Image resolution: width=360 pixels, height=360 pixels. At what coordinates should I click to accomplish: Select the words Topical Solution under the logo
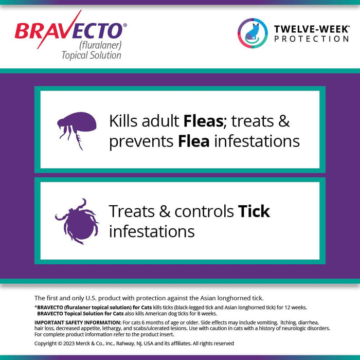(91, 55)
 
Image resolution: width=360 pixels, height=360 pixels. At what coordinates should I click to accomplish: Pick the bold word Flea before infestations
(193, 141)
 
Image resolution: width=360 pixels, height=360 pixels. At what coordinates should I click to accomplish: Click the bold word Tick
(254, 211)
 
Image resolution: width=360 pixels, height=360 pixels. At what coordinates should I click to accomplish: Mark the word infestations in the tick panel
(152, 231)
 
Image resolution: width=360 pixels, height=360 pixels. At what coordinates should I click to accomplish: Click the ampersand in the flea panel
(283, 121)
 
